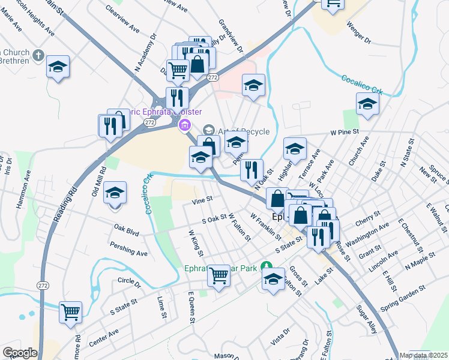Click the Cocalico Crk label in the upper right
coord(362,85)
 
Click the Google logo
coord(20,353)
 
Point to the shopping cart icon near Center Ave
coord(70,312)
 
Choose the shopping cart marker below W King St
coord(218,275)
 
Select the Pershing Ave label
coord(128,249)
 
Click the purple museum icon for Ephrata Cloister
coord(184,125)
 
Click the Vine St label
coord(202,199)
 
